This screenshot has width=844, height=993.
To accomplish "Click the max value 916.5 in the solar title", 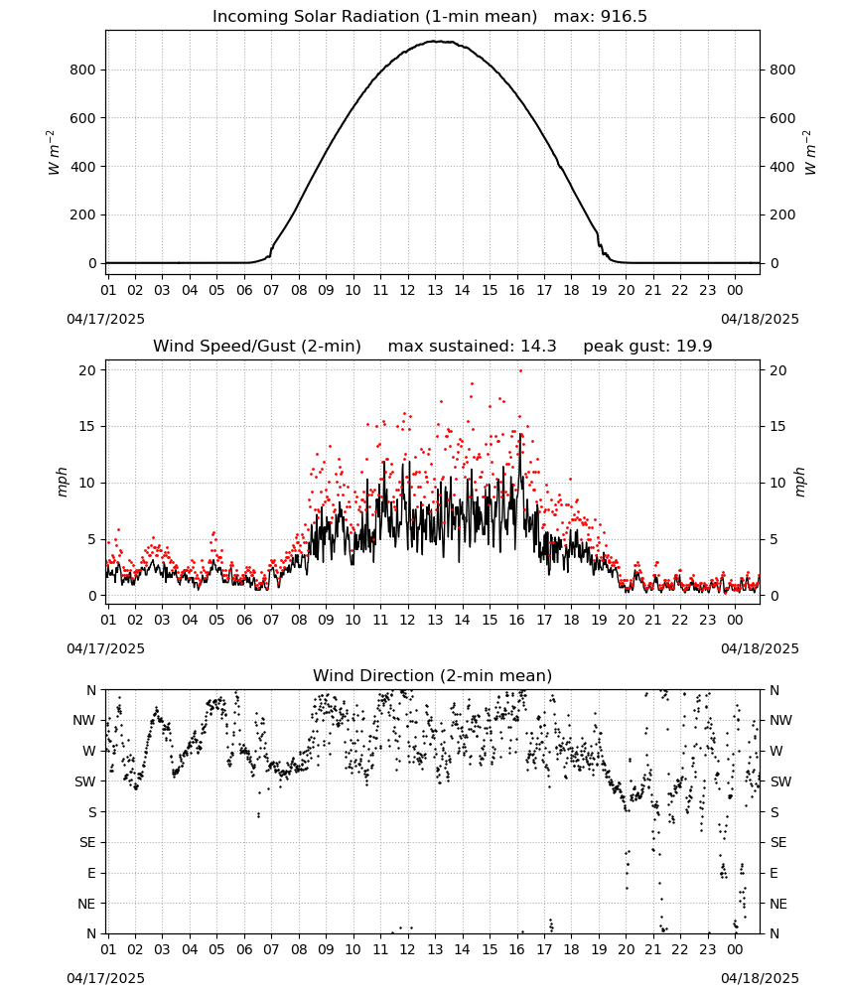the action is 624,17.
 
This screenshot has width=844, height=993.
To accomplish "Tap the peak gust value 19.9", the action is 695,347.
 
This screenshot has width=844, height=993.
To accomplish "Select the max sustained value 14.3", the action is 538,347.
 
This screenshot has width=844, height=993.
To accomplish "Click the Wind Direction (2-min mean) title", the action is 433,675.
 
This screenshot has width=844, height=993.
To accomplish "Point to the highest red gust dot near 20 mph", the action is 520,370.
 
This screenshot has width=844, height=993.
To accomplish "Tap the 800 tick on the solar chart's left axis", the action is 83,70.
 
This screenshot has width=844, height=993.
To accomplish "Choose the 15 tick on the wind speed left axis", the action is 87,426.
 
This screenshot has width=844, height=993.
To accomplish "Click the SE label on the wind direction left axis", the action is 87,842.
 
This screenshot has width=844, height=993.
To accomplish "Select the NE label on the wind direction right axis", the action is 778,904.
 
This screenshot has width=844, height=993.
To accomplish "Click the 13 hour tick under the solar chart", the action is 435,290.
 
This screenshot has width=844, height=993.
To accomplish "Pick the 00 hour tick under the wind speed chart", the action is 735,620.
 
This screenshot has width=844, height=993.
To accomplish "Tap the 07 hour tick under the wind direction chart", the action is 271,950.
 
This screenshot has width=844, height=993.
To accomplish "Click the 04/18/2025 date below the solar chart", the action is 760,319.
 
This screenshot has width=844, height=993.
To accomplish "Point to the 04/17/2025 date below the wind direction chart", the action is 105,978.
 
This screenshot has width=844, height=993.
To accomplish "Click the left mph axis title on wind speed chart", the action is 62,482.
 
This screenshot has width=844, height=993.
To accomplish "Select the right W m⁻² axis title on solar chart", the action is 810,153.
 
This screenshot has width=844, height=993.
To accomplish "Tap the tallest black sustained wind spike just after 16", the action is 520,435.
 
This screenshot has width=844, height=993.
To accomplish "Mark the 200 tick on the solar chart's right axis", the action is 782,214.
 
